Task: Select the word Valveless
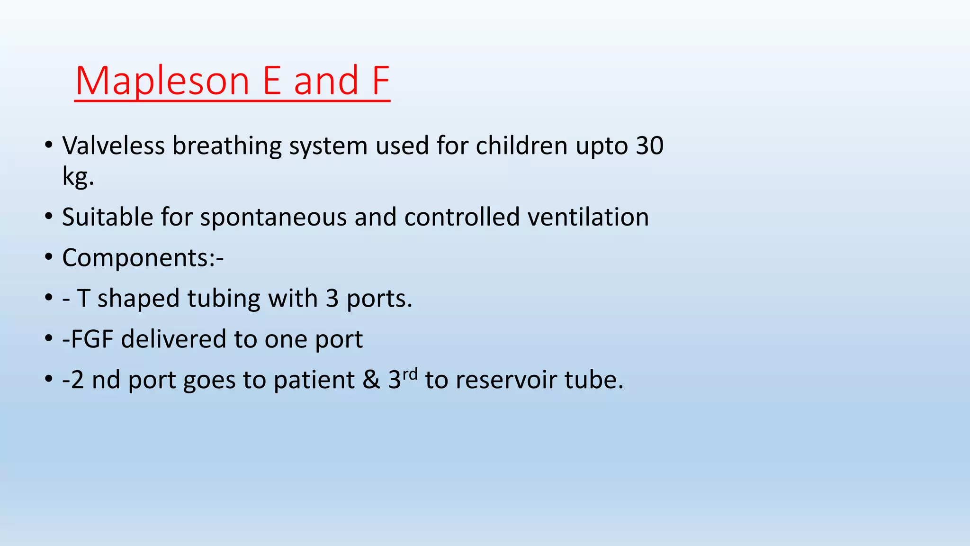(114, 146)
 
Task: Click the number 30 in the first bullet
(649, 146)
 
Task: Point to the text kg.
(78, 177)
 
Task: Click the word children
(521, 146)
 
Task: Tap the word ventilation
(588, 217)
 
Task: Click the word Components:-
(143, 258)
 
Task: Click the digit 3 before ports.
(332, 299)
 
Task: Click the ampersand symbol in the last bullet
(371, 380)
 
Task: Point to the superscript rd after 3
(410, 374)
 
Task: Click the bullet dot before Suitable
(49, 217)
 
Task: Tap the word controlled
(462, 217)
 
